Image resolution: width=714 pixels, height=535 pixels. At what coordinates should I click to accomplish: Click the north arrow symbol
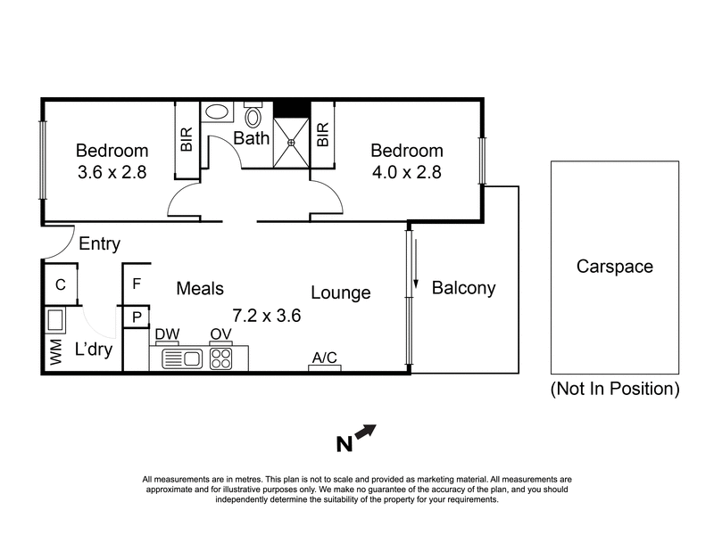click(366, 433)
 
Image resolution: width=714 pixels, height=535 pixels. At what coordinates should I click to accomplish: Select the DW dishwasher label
click(167, 334)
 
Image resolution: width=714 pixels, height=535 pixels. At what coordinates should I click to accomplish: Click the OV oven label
click(220, 334)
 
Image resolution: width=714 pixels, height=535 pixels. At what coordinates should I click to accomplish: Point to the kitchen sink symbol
click(183, 358)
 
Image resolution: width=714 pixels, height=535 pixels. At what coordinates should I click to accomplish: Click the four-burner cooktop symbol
click(220, 358)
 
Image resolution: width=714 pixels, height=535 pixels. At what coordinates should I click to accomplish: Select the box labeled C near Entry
click(61, 285)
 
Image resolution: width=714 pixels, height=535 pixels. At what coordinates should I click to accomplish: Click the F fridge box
click(137, 285)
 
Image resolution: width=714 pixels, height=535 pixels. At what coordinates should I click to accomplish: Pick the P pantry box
click(137, 317)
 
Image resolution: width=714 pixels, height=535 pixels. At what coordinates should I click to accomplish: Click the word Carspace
click(614, 267)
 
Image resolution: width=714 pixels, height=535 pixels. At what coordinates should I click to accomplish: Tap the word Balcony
click(463, 289)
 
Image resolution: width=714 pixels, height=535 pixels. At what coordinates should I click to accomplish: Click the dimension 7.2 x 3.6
click(265, 315)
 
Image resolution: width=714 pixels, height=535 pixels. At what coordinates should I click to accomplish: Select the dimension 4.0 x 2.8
click(407, 171)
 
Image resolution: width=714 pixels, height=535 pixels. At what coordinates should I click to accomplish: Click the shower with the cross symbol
click(291, 141)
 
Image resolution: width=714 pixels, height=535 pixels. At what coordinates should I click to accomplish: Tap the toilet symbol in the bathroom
click(253, 117)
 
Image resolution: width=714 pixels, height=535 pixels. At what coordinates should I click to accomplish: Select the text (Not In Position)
click(615, 389)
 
